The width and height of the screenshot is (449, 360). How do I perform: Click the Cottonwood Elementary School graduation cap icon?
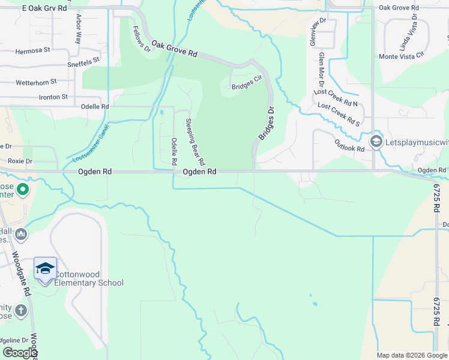[x=45, y=268]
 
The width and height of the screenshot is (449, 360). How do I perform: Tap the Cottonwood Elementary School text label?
[x=89, y=279]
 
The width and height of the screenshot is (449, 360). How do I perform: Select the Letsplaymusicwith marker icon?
[x=376, y=141]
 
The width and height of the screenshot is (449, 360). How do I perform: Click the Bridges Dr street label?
[x=266, y=124]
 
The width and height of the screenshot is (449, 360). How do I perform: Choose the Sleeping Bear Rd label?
[x=194, y=142]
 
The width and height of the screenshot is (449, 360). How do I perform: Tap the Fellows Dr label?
[x=142, y=38]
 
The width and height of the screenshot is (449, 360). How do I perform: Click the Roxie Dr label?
[x=20, y=161]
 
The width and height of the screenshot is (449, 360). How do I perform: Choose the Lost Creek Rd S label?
[x=339, y=115]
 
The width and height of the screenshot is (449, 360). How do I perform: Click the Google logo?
[x=20, y=353]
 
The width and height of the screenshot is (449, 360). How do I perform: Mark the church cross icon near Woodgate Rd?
[x=21, y=310]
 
